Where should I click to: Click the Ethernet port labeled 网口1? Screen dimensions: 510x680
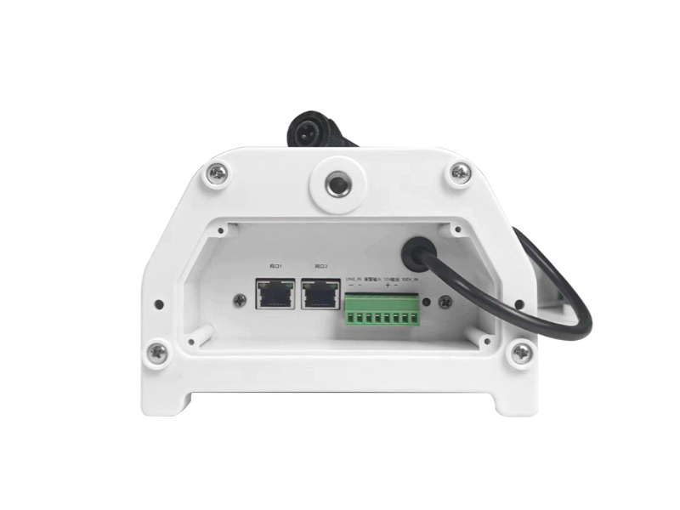[275, 294]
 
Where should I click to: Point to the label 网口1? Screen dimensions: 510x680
[275, 266]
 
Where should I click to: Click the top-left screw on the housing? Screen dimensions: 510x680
[217, 175]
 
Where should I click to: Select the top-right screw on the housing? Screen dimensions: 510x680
[460, 173]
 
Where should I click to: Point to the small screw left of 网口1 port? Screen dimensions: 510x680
[241, 299]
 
